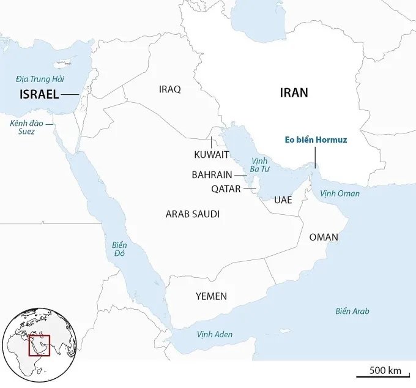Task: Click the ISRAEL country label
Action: pos(39,94)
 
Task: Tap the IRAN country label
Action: pos(294,93)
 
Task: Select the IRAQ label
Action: pos(169,89)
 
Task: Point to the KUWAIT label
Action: pos(211,154)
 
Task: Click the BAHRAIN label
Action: pos(212,175)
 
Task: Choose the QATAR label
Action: pos(226,189)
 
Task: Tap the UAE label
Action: pos(283,200)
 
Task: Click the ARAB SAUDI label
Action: pos(192,214)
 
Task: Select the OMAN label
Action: pos(324,237)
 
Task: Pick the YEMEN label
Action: pos(211,296)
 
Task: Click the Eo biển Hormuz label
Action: pos(316,140)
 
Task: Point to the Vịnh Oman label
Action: pos(340,193)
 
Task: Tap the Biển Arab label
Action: pos(352,311)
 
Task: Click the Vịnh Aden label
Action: pos(215,335)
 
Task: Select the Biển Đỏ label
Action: pos(119,249)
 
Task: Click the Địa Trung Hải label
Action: pos(40,79)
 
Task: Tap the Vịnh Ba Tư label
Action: pos(256,164)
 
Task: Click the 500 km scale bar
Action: pos(385,371)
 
